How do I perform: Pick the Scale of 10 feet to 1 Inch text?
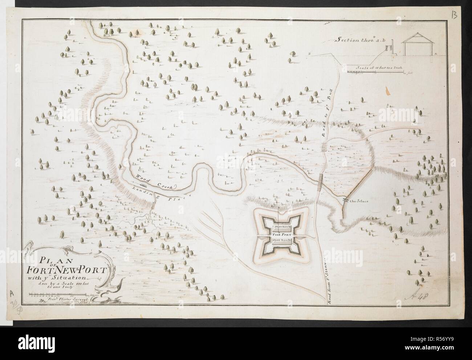coord(380,68)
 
